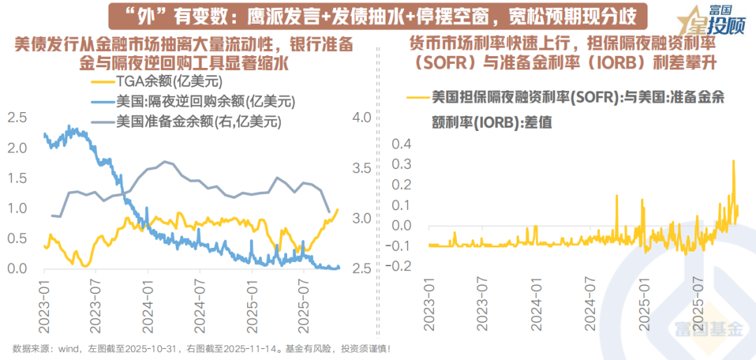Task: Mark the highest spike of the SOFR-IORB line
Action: point(733,162)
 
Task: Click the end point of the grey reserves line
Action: point(329,211)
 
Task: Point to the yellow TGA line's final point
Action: point(338,209)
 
